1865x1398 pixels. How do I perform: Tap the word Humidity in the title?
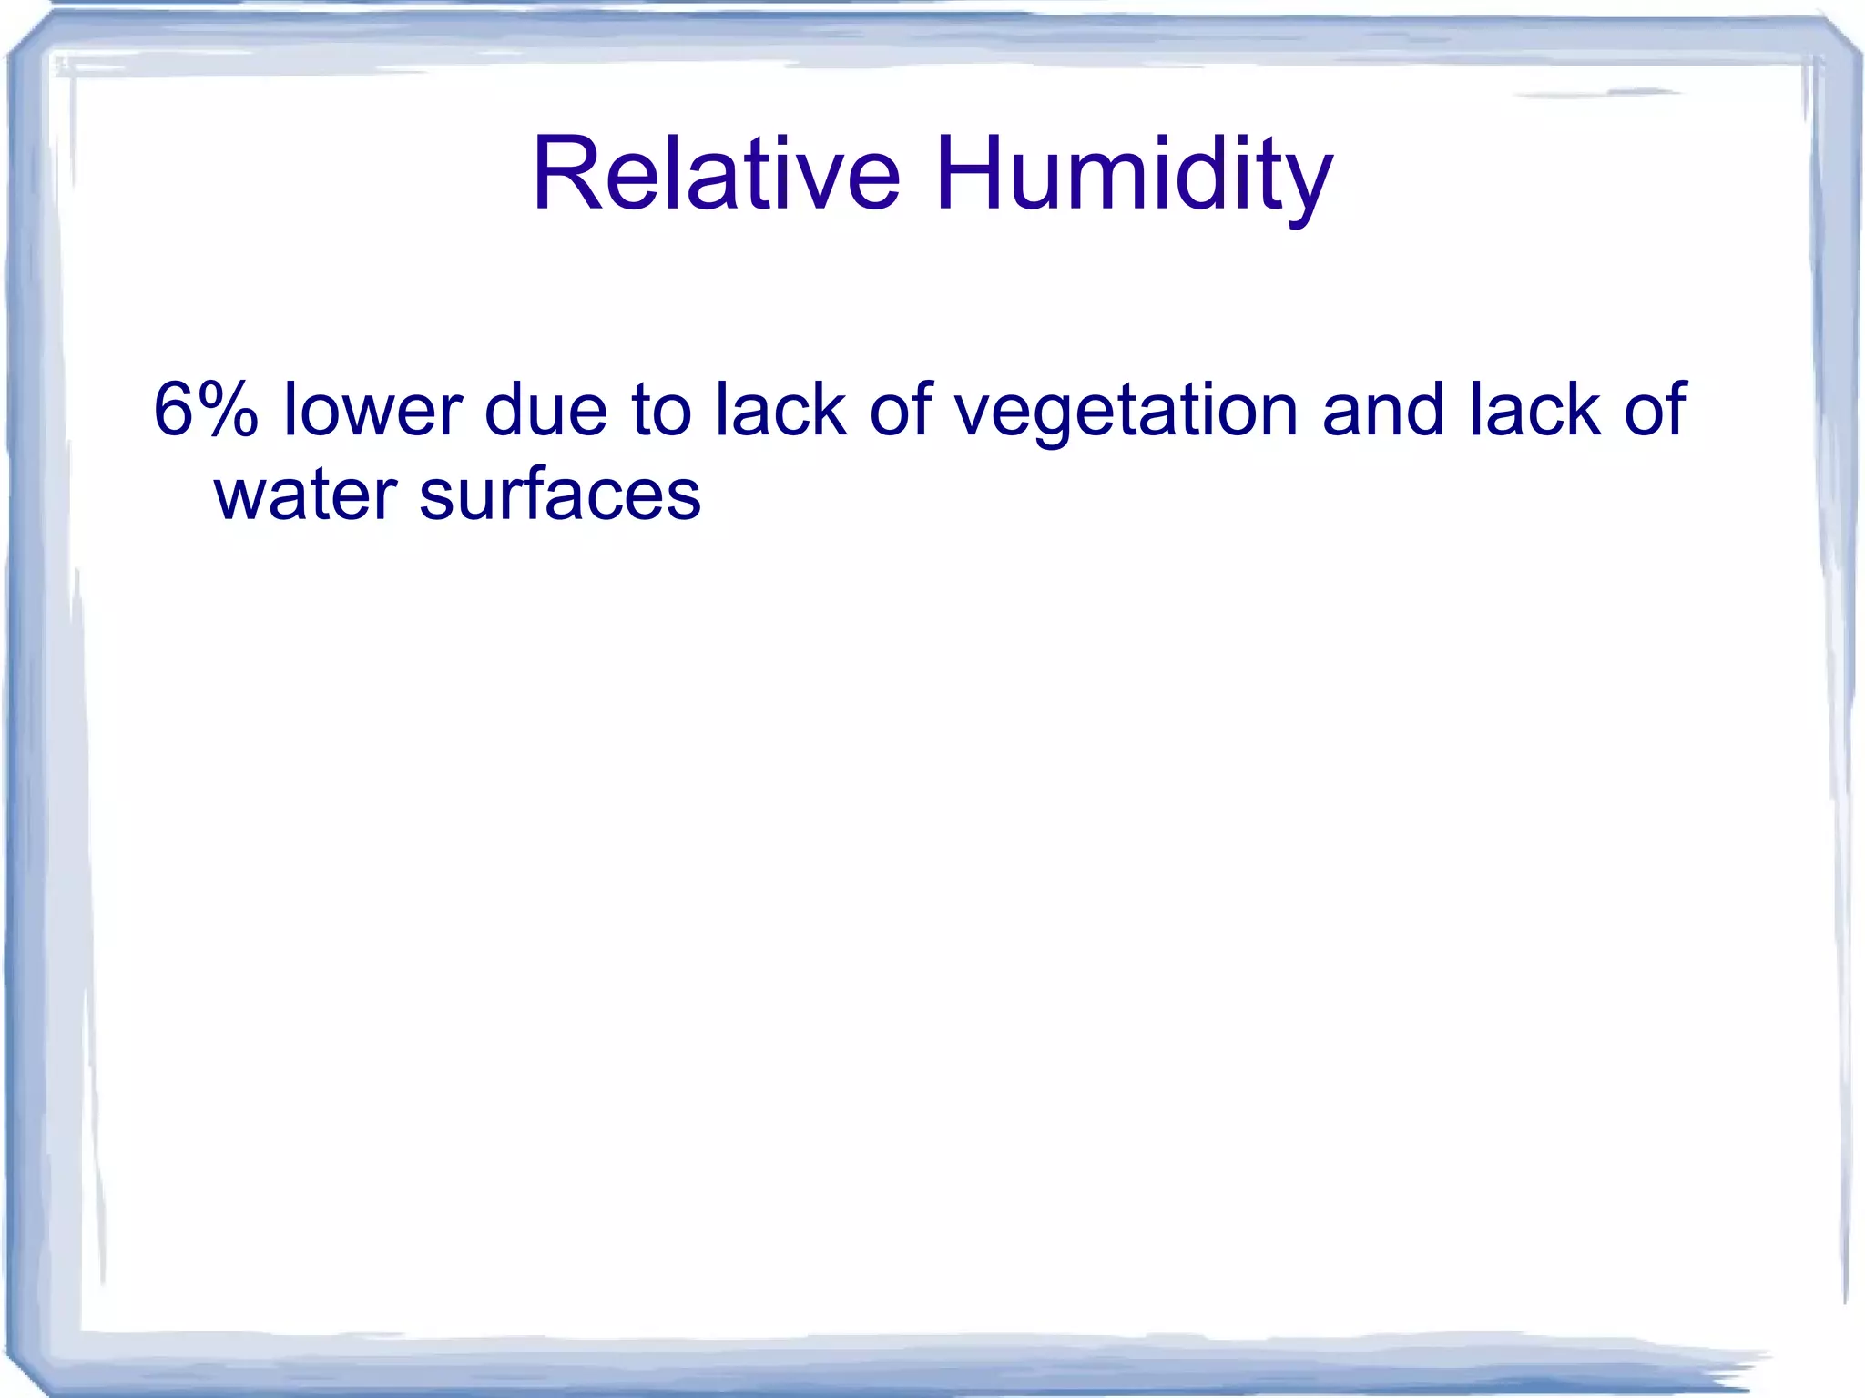click(x=1134, y=175)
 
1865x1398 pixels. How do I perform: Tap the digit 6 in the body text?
click(x=173, y=410)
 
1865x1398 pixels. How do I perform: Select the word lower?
click(x=374, y=410)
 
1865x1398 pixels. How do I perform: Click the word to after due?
click(x=661, y=410)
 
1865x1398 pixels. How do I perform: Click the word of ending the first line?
click(x=1655, y=410)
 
